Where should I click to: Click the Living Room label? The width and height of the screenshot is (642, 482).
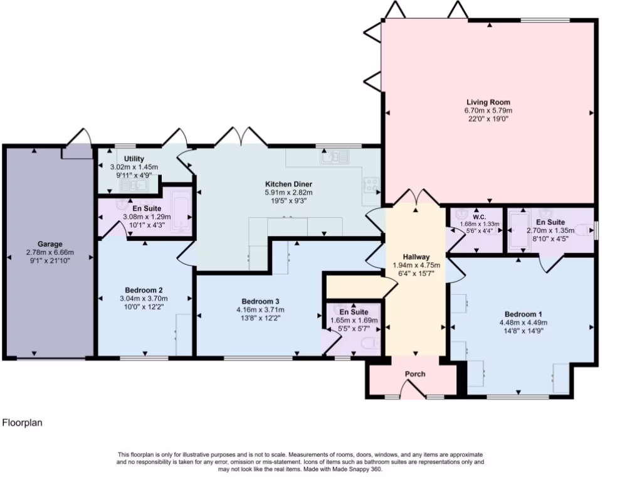point(488,102)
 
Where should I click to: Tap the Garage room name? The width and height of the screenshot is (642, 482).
point(50,244)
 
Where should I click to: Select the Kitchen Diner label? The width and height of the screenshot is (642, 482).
point(288,184)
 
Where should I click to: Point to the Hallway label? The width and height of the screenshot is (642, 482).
point(416,257)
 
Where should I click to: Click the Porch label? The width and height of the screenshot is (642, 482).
point(415,374)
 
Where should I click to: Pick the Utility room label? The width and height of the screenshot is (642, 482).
point(134,159)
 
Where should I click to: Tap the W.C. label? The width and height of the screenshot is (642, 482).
point(479,217)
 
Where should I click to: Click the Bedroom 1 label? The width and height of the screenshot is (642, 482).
point(524,314)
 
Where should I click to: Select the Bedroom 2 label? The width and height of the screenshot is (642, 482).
point(144,291)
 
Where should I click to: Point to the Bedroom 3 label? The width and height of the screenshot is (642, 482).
point(260,302)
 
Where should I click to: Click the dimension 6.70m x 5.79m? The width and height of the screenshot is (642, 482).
point(488,110)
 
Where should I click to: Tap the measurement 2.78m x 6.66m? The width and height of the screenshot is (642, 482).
point(50,252)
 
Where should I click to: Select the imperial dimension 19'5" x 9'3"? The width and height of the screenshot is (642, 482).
point(288,201)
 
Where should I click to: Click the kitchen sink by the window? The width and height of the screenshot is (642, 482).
point(335,157)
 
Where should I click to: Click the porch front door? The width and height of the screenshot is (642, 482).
point(413,389)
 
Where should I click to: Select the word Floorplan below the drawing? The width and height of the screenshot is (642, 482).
point(23,422)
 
